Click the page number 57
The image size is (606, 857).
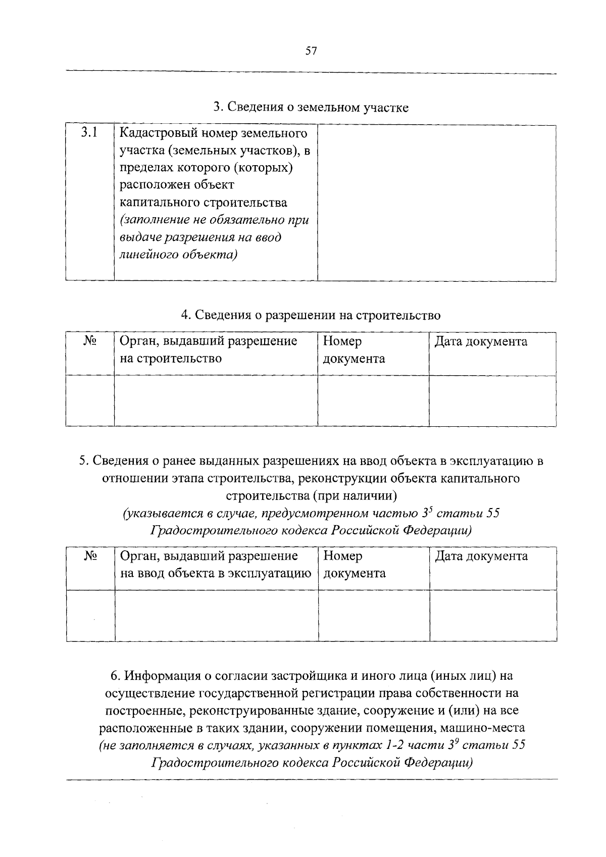[x=311, y=51]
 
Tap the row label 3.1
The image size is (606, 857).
[x=89, y=133]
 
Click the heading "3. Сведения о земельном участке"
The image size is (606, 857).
[x=311, y=107]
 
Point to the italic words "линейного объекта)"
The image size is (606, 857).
[x=178, y=255]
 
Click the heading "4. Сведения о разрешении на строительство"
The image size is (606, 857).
[x=311, y=315]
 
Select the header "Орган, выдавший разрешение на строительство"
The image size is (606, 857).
[x=208, y=350]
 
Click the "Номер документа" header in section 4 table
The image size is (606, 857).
[x=353, y=350]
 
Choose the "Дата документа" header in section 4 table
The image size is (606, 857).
[x=481, y=342]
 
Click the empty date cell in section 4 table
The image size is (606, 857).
[x=492, y=400]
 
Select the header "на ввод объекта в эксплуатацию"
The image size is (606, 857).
[x=215, y=574]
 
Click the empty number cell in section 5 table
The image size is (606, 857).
[x=373, y=616]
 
